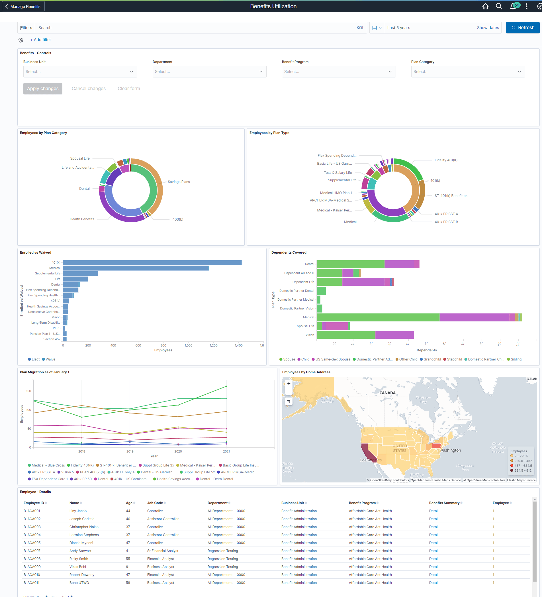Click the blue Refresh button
[522, 28]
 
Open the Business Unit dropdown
[80, 72]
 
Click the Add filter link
[40, 40]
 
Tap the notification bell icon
[513, 6]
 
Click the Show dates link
[488, 28]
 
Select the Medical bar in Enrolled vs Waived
[135, 268]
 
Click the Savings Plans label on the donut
[179, 182]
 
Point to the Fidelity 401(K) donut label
[445, 160]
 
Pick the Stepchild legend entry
[454, 359]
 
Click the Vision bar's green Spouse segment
[345, 335]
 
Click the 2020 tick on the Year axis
[178, 451]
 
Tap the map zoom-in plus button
[289, 384]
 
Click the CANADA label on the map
[387, 393]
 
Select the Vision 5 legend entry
[67, 472]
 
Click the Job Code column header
[155, 503]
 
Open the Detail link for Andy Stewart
[433, 551]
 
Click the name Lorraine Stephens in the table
[84, 535]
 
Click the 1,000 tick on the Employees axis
[188, 345]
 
